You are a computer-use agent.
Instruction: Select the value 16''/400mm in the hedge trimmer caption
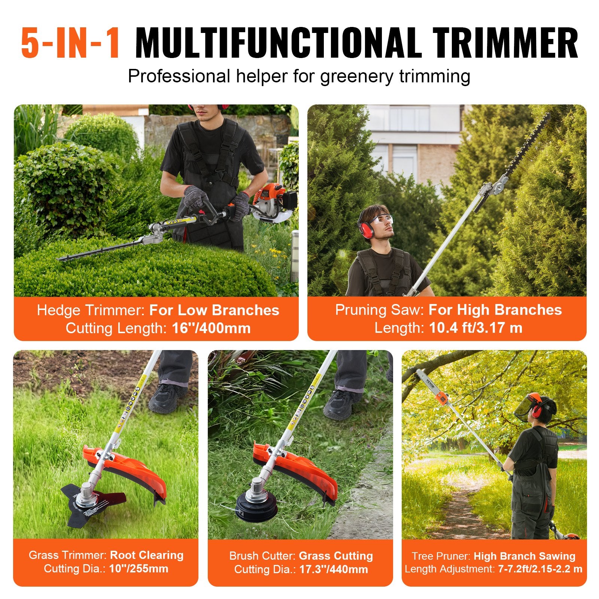[211, 328]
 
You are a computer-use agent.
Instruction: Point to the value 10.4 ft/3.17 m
[475, 328]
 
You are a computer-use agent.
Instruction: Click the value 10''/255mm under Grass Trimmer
[139, 569]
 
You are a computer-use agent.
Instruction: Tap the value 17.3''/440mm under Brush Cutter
[333, 569]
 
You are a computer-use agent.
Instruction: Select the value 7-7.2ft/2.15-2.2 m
[540, 569]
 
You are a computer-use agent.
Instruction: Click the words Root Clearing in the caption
[147, 555]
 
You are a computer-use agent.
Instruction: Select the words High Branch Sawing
[524, 556]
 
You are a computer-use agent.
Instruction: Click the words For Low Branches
[214, 310]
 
